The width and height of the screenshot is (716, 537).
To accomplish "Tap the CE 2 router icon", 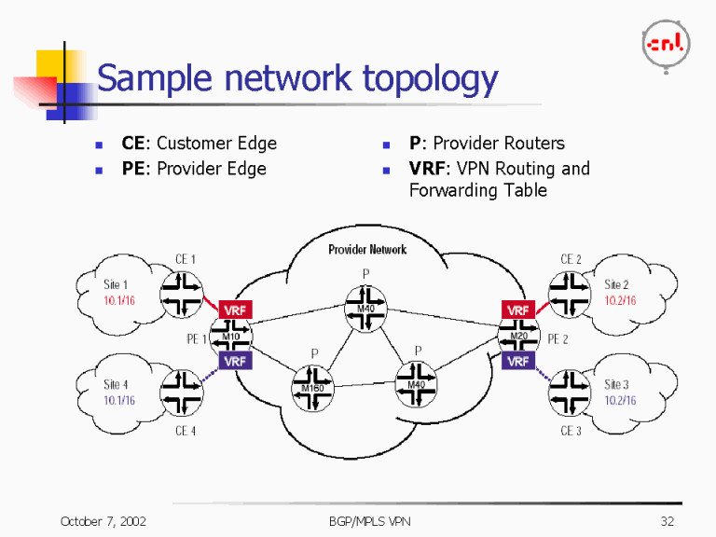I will click(568, 293).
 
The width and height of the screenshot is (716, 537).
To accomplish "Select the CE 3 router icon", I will click(568, 392).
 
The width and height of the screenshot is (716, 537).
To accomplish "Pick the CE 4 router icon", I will click(182, 392).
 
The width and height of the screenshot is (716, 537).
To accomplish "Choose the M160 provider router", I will click(313, 389).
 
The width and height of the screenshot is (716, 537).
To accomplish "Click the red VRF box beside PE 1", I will click(234, 309).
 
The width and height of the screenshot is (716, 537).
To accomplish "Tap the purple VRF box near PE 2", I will click(518, 361).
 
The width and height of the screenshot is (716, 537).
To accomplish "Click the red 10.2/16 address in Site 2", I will click(621, 300).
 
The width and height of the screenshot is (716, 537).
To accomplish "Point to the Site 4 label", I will click(116, 384).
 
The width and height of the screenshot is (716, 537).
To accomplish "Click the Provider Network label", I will click(367, 249).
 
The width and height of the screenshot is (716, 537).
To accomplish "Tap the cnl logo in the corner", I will click(666, 42).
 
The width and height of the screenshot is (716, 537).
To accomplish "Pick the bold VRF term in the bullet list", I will click(428, 169).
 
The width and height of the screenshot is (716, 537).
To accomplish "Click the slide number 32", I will click(667, 521).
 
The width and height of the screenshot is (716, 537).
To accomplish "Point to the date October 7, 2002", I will click(103, 521).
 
